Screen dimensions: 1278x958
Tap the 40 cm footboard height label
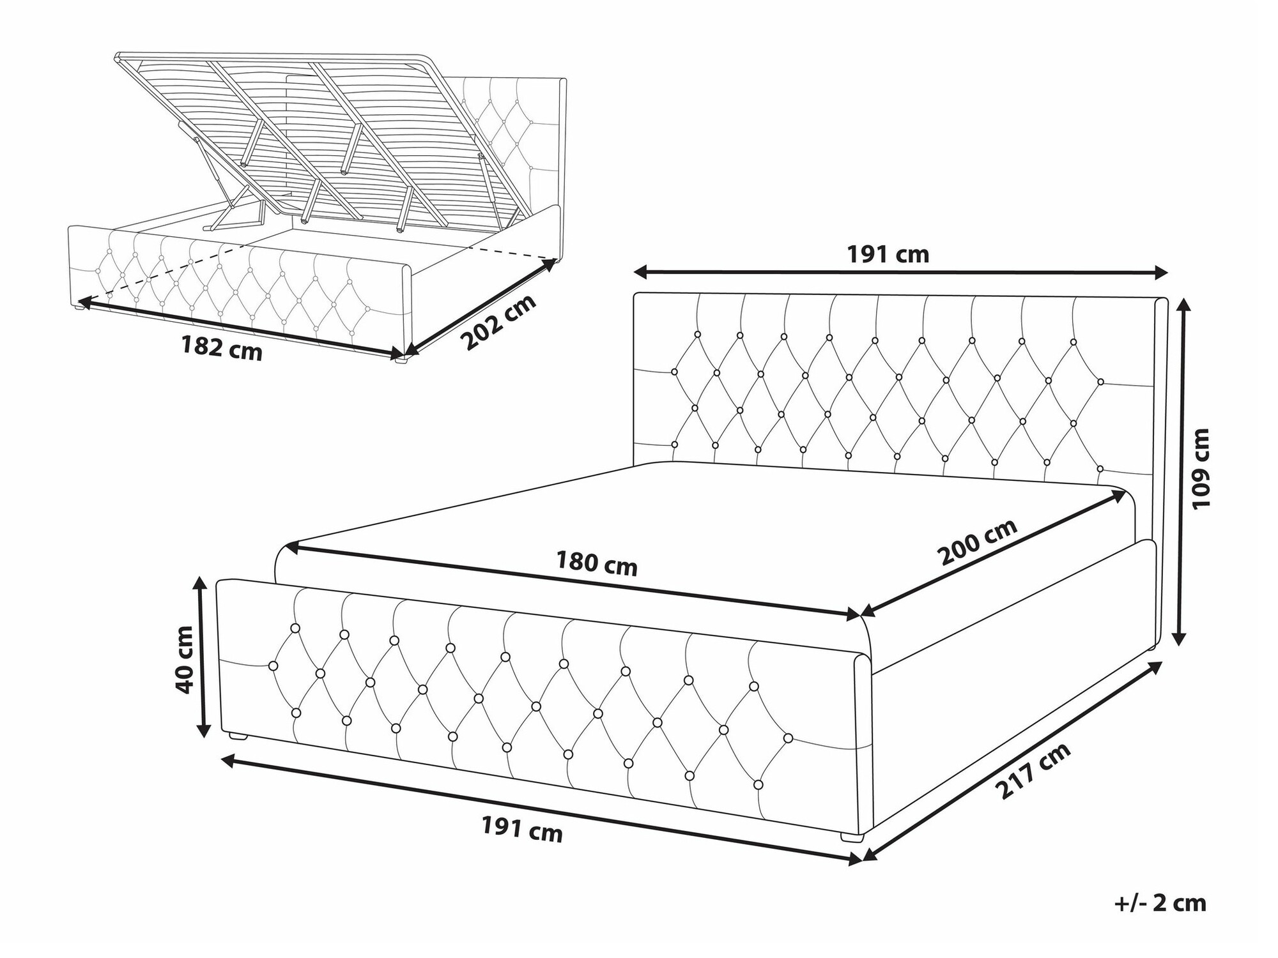[x=185, y=659]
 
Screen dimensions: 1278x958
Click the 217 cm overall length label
[x=1033, y=771]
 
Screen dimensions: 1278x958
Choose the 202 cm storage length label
[x=500, y=323]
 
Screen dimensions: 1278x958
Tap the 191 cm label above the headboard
[x=888, y=255]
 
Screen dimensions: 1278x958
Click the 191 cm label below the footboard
[x=522, y=830]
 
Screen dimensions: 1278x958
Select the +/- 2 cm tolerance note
[x=1160, y=903]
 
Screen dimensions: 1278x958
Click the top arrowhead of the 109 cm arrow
[x=1184, y=309]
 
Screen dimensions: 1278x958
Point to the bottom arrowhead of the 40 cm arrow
[x=203, y=729]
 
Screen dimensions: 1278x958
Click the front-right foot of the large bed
[x=851, y=836]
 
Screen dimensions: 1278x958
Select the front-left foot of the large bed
[x=238, y=736]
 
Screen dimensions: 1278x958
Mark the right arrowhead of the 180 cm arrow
[x=854, y=614]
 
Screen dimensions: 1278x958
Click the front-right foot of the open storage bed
[x=401, y=360]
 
